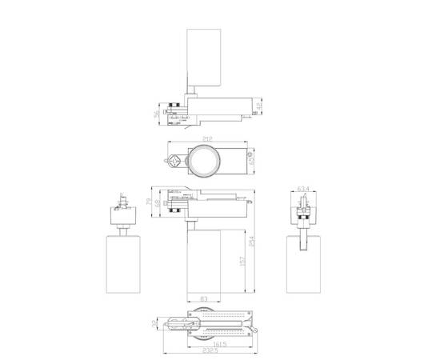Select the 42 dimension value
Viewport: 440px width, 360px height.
(x=259, y=105)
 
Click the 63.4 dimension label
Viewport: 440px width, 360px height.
(x=302, y=190)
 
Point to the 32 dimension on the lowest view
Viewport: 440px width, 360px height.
(x=154, y=323)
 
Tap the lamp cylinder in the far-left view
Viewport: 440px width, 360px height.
(x=122, y=262)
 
